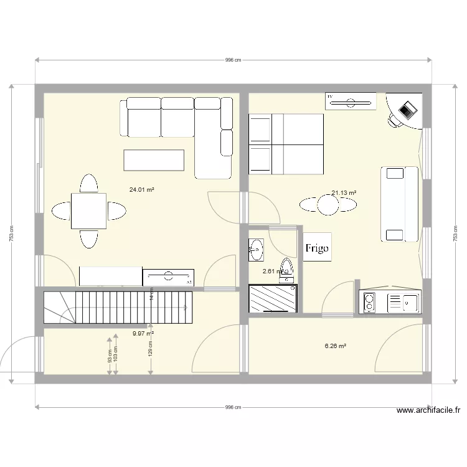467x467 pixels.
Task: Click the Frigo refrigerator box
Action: (x=317, y=247)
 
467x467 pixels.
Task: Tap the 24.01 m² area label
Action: (x=142, y=189)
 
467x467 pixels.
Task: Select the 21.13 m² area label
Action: (x=344, y=193)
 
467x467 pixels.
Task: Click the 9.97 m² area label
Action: (x=143, y=333)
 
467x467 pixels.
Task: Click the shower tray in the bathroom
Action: (x=273, y=298)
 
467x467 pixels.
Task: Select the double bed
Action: (x=286, y=143)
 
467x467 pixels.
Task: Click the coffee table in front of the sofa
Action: (x=154, y=159)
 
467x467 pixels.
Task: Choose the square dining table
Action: (x=88, y=211)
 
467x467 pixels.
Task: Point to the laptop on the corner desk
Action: (x=407, y=110)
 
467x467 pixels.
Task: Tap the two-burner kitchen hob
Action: (x=369, y=303)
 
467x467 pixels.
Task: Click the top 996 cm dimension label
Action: (x=233, y=60)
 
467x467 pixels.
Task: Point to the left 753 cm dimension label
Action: (x=11, y=234)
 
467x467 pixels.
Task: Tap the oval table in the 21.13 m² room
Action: (x=328, y=204)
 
